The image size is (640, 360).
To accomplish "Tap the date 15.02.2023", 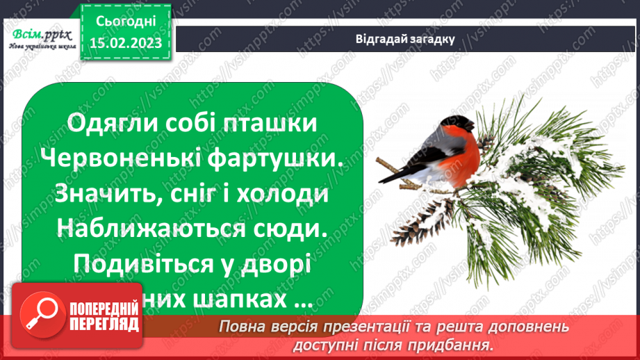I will tap(127, 42).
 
